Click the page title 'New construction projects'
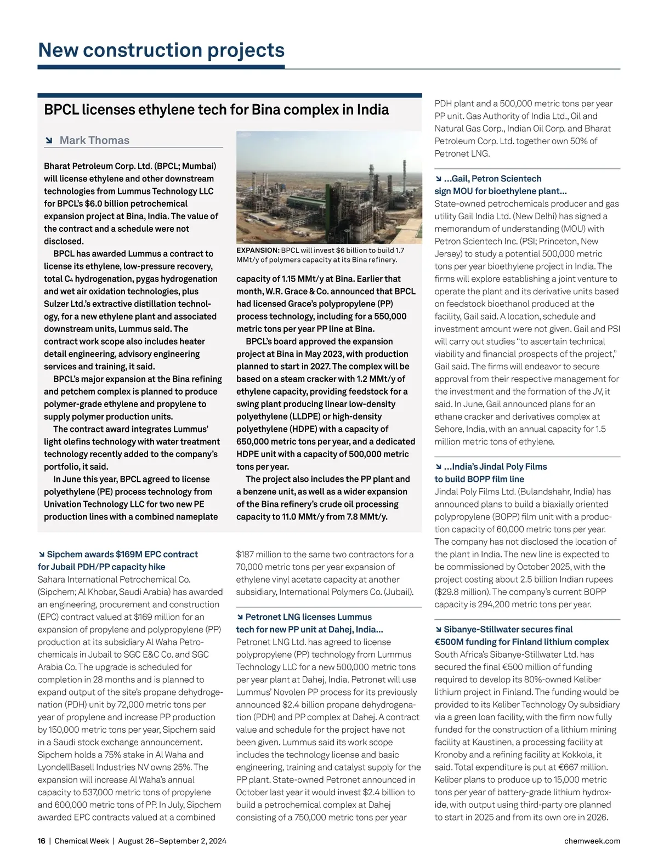161,50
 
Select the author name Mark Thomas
94,140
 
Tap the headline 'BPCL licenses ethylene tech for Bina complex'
216,110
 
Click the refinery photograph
328,187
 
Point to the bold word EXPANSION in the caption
258,250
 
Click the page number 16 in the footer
42,841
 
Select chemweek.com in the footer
592,841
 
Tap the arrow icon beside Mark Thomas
49,141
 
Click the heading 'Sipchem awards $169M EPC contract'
122,555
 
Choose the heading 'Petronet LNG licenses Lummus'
308,617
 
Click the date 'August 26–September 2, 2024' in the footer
172,841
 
